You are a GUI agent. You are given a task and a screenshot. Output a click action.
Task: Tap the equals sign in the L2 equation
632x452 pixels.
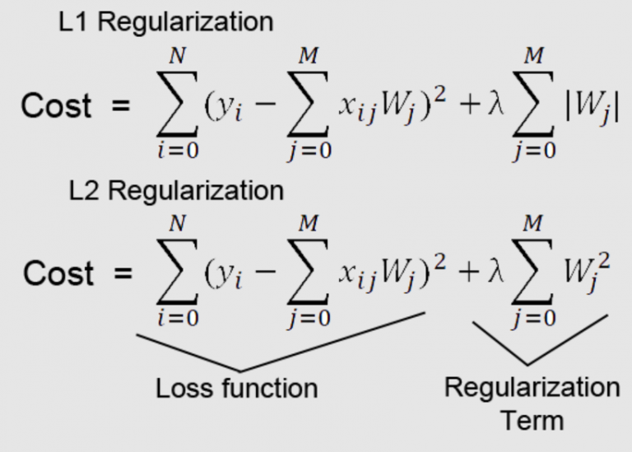123,274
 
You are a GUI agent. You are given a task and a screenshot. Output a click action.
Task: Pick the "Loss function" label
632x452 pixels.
236,387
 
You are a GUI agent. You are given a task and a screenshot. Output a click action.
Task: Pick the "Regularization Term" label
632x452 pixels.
532,403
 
